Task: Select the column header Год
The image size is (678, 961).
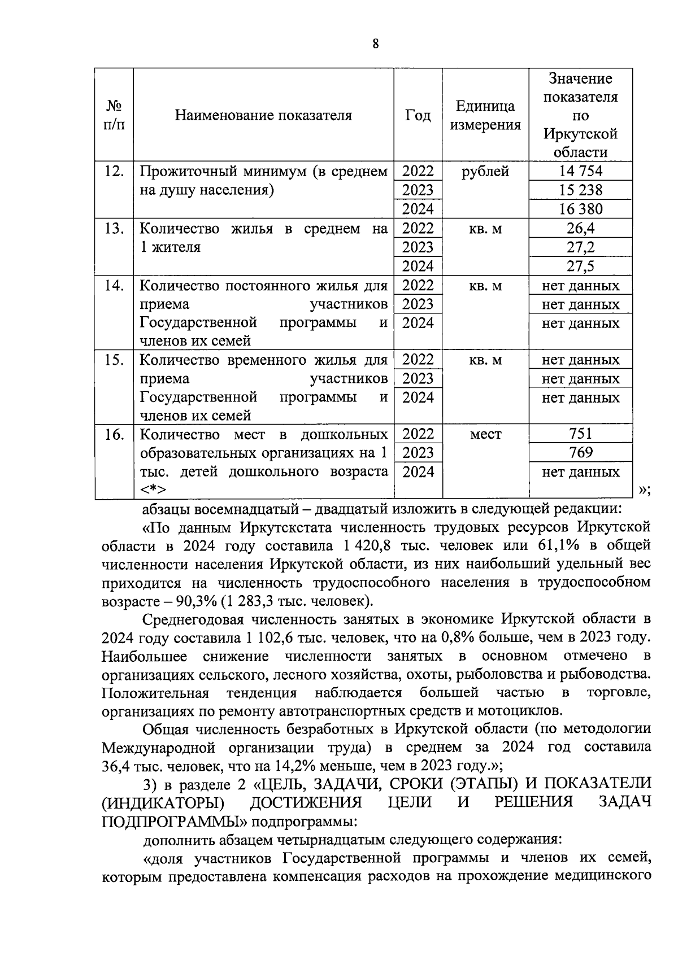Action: (418, 115)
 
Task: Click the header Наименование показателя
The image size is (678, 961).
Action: (263, 115)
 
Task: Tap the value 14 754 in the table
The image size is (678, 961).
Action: (580, 171)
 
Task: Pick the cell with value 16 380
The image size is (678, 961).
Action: (580, 209)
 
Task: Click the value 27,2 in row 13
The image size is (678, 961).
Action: (580, 247)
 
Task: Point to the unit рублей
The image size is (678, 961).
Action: (485, 171)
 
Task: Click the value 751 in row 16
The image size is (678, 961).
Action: (580, 434)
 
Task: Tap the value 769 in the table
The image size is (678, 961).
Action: (580, 453)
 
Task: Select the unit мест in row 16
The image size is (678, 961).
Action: (485, 434)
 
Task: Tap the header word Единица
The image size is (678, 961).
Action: (485, 107)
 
